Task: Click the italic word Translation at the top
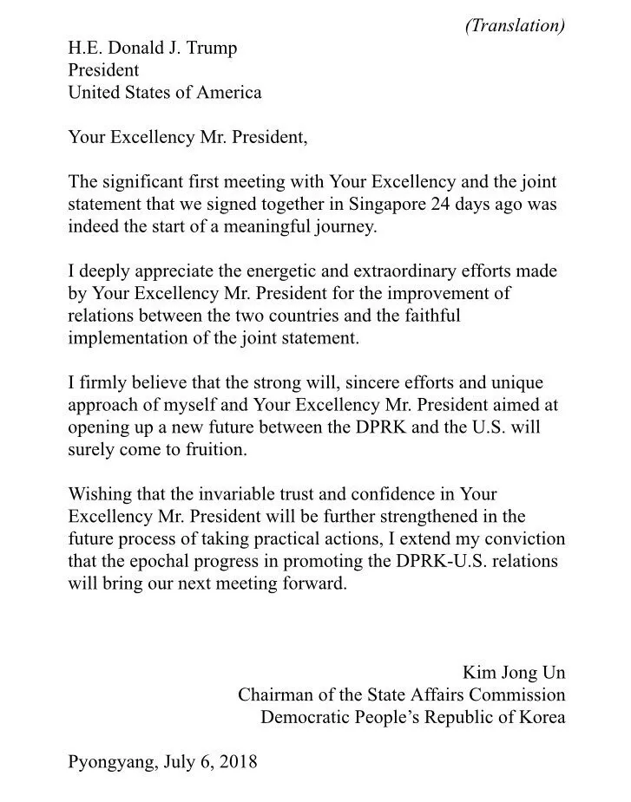coord(516,25)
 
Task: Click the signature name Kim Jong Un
coord(514,674)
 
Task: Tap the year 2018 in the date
coord(239,762)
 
